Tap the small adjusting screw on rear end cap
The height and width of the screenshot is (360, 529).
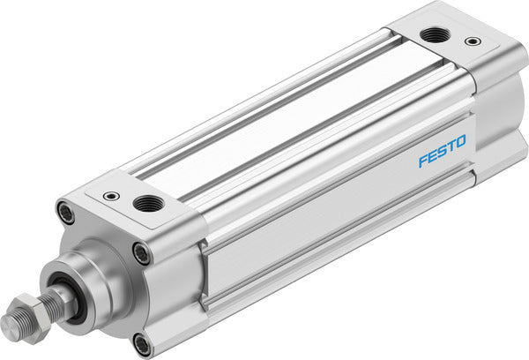click(x=474, y=41)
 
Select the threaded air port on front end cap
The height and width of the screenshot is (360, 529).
click(x=143, y=204)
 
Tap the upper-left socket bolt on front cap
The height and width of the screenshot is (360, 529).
click(x=65, y=213)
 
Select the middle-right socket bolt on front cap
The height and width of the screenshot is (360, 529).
click(x=141, y=254)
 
